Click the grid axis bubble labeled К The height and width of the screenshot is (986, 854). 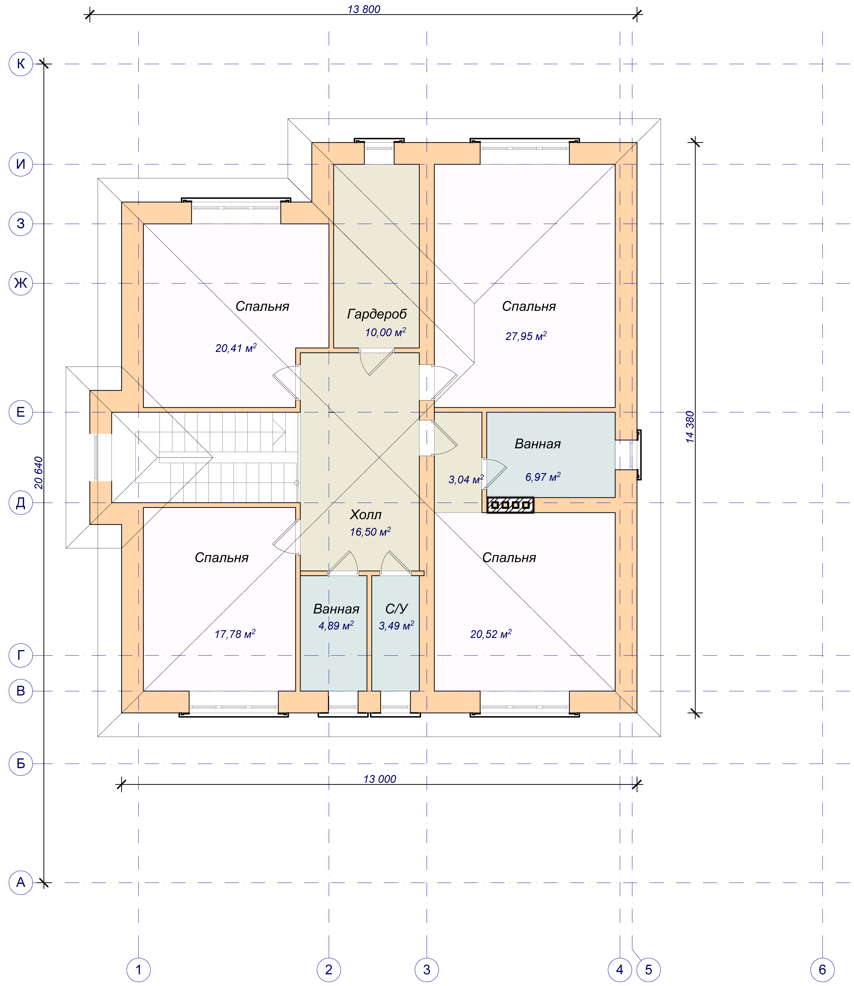pos(20,64)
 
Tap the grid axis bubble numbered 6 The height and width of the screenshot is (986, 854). pos(822,969)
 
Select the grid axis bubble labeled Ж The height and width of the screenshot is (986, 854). pos(20,283)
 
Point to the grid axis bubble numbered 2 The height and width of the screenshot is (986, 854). pos(329,969)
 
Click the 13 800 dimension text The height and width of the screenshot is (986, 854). pos(364,9)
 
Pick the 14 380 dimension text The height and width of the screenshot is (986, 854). pos(690,427)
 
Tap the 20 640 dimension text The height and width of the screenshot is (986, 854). pos(39,473)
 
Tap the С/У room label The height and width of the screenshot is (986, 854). pos(396,609)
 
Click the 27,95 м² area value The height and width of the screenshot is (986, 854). pos(526,336)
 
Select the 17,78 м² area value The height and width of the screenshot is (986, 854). pos(235,634)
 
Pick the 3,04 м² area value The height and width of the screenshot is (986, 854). pos(466,479)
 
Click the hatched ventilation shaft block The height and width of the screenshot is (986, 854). pos(510,505)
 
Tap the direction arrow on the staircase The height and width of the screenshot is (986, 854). pos(279,433)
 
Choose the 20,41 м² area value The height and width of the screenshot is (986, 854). pos(236,348)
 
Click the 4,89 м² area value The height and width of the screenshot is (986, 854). pos(336,625)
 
